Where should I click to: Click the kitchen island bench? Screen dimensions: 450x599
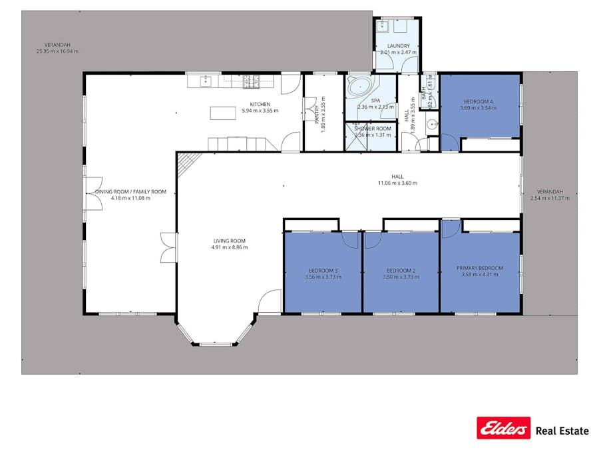223,113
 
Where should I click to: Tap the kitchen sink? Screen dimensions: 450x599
206,81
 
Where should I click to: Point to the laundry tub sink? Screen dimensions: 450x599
383,27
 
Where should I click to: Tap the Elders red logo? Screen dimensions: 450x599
504,428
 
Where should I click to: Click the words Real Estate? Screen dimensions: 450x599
562,431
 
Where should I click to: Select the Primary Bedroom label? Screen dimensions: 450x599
480,268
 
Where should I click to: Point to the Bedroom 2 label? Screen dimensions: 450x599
401,270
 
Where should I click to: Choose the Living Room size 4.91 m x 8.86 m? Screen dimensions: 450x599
230,247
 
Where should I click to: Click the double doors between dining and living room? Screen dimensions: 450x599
169,247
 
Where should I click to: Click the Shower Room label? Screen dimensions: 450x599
373,129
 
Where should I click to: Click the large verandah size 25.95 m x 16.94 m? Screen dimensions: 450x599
57,51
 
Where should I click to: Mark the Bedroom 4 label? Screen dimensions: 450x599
479,101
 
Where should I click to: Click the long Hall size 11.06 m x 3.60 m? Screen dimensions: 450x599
397,183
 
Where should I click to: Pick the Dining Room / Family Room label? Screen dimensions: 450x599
130,191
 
